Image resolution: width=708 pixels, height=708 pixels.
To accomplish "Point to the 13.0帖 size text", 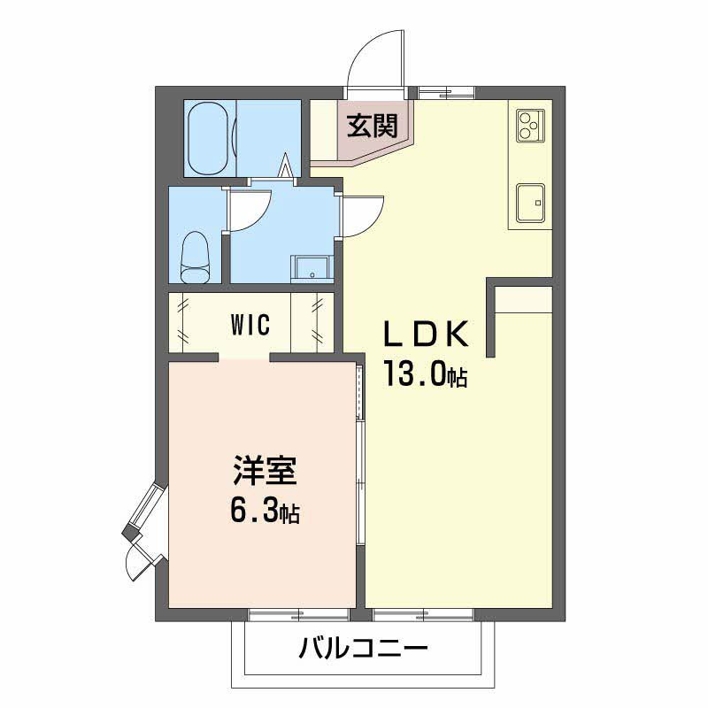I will [425, 375].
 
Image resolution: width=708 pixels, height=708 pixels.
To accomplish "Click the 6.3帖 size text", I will [265, 510].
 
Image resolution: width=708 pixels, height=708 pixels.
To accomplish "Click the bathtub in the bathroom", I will [210, 139].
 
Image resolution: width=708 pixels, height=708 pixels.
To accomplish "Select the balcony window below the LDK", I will [424, 613].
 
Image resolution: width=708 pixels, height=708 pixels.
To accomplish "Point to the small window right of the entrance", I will [446, 91].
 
